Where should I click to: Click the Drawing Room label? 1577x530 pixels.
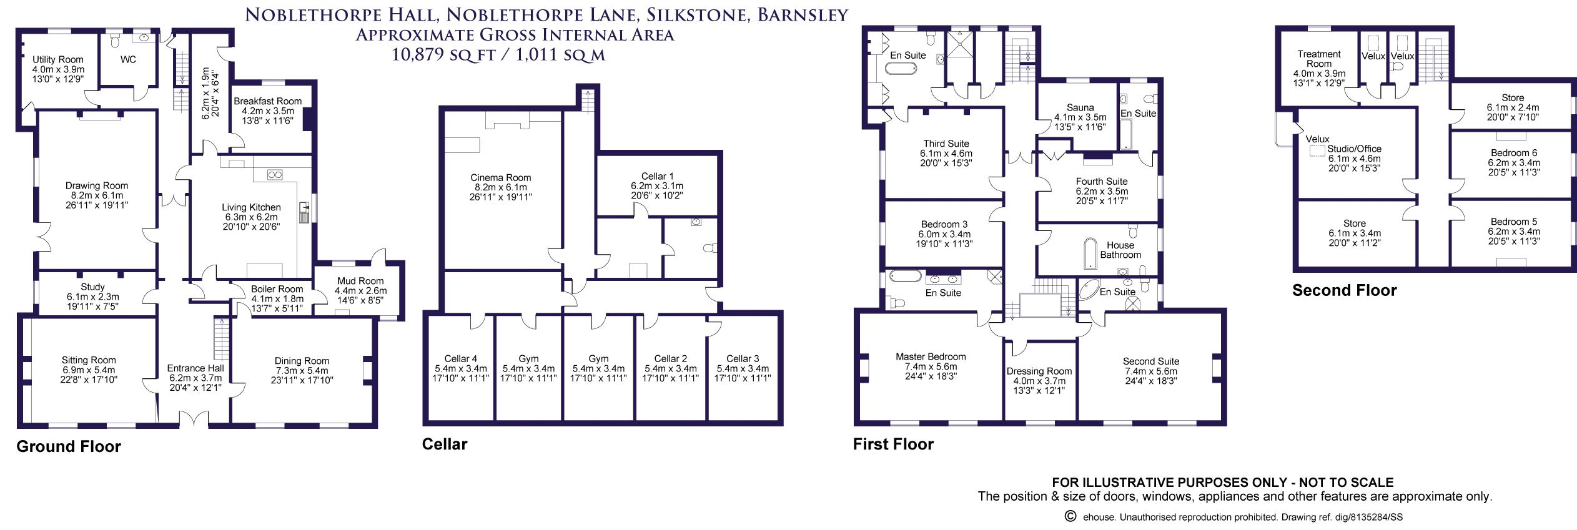point(97,185)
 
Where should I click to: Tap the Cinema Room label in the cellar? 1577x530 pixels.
point(501,178)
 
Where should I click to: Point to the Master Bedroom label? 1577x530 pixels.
point(931,357)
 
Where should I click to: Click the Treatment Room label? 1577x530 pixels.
point(1319,59)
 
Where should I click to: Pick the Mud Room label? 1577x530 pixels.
point(360,281)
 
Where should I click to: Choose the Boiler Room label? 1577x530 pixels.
point(277,289)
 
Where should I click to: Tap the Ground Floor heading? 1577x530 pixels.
point(69,446)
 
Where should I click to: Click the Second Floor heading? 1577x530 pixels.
point(1344,290)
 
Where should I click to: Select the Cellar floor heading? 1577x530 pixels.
point(444,444)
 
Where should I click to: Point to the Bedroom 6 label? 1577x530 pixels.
point(1514,153)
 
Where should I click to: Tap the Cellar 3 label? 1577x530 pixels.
point(743,359)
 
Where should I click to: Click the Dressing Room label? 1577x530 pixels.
point(1039,371)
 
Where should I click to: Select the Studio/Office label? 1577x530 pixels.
point(1354,149)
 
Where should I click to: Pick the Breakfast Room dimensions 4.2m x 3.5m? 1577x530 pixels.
point(267,111)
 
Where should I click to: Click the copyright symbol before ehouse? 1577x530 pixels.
point(1070,516)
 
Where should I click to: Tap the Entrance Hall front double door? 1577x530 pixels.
point(193,420)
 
